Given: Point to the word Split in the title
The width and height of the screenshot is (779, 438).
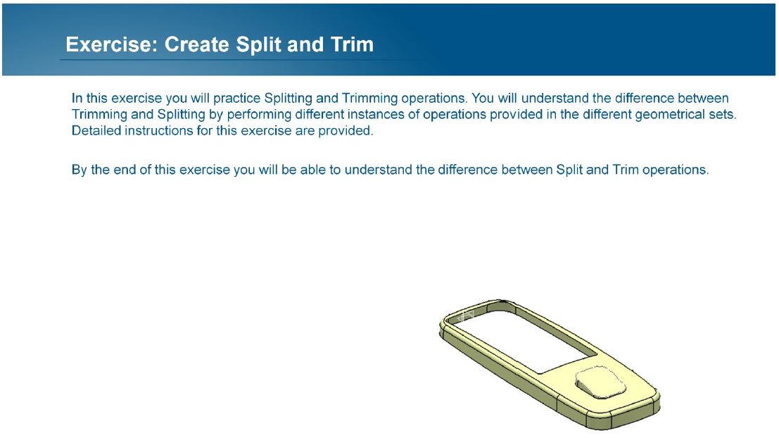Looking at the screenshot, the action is [258, 45].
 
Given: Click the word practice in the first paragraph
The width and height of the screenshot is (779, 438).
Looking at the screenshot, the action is [236, 99].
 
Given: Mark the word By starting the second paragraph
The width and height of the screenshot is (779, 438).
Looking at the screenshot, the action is [80, 170].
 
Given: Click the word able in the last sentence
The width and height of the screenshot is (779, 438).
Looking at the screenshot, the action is [313, 170].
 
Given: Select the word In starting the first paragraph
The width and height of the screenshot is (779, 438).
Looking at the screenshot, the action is [77, 99].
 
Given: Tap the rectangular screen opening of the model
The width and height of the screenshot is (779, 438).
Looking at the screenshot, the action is [528, 341].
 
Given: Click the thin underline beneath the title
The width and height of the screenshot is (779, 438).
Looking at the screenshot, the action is [243, 60].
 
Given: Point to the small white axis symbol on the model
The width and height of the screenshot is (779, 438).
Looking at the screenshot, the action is [467, 315].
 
